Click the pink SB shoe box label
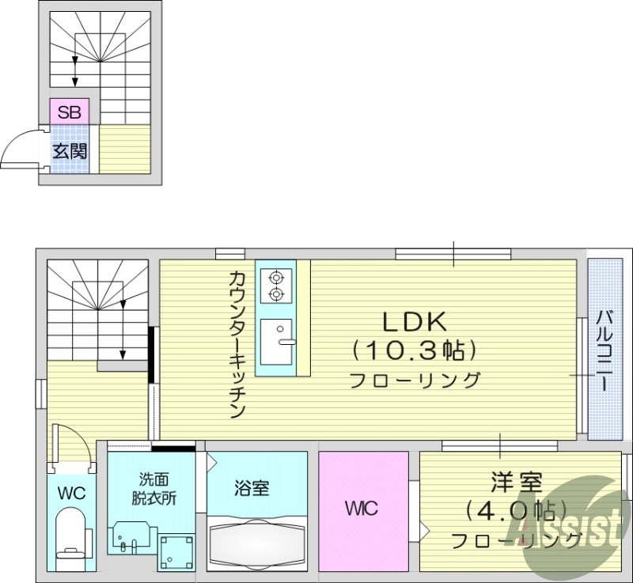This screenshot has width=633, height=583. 70,112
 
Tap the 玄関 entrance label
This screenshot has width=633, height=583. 70,150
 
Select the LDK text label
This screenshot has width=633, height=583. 415,321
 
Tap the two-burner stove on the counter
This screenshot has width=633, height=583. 276,286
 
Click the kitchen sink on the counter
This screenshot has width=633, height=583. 276,342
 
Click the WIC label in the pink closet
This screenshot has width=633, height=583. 361,508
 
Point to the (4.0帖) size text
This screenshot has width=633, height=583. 516,510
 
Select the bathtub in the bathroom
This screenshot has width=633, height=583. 256,544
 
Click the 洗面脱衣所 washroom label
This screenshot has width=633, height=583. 154,488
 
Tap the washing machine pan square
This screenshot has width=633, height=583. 176,551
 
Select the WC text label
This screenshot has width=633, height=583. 70,494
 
